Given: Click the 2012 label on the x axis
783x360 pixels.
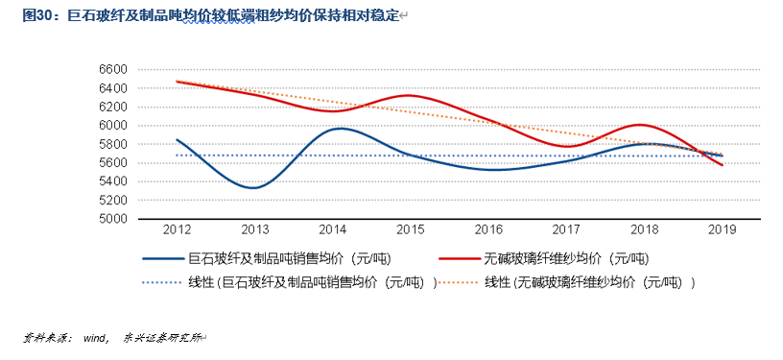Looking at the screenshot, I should click(177, 230).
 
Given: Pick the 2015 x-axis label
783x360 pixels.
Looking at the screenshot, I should click(411, 230).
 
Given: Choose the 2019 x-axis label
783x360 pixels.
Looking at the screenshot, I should click(722, 230).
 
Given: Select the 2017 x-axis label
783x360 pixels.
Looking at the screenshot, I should click(566, 230).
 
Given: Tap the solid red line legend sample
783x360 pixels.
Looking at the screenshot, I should click(459, 258).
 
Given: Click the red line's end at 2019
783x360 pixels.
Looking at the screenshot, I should click(722, 165).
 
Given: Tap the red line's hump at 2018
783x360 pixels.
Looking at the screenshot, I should click(641, 125).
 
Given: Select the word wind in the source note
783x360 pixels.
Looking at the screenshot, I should click(93, 338).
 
